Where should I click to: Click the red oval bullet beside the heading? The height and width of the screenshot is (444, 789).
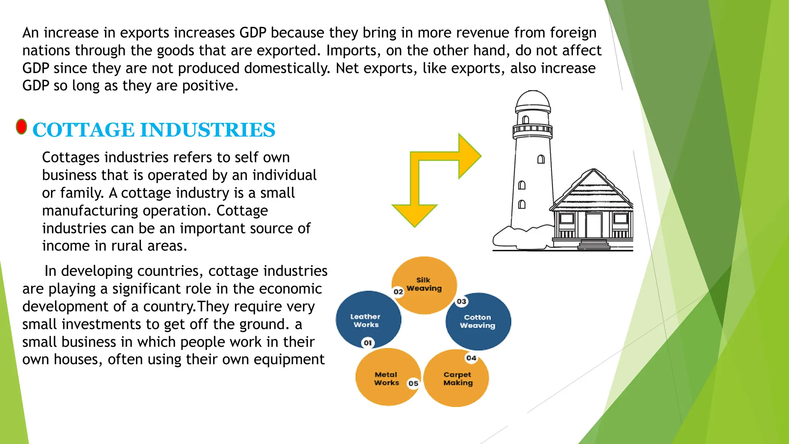coord(22,127)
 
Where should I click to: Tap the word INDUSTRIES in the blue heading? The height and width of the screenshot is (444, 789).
coord(208,130)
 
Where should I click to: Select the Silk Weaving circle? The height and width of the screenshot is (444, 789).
coord(424,285)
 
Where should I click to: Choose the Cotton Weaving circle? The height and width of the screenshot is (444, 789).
coord(478,321)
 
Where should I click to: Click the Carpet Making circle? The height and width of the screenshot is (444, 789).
coord(457,378)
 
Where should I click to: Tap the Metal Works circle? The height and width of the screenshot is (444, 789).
coord(387,378)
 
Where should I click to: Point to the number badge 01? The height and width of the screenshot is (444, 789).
coord(368,343)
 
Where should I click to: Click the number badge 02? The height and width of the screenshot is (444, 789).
coord(398,292)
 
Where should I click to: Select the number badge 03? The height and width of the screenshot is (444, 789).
coord(461,301)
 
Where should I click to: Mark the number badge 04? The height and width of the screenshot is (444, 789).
coord(471,358)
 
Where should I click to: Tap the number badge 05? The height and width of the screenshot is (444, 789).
coord(413,383)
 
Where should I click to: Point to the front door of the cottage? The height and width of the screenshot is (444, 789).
coord(594,225)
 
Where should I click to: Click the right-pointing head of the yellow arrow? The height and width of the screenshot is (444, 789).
coord(470,156)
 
